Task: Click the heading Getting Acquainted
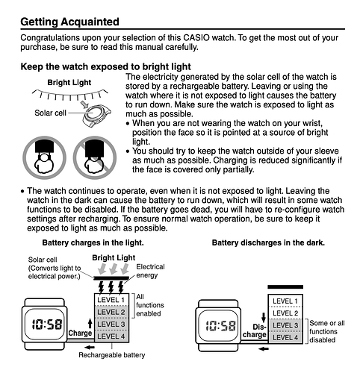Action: (x=69, y=22)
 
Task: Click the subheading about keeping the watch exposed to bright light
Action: (x=105, y=66)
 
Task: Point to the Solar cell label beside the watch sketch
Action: (x=50, y=113)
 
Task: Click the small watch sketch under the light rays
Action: (x=96, y=115)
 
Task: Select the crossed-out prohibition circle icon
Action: (x=95, y=157)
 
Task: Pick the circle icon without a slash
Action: (x=44, y=157)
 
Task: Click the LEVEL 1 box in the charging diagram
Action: (x=111, y=300)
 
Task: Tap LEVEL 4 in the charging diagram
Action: (x=111, y=336)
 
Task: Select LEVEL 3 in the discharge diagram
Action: (x=285, y=325)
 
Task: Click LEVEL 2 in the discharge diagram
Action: (x=285, y=313)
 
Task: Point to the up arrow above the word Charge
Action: (x=90, y=324)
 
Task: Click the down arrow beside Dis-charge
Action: (x=264, y=317)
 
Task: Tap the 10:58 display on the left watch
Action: (x=47, y=325)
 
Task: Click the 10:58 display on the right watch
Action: (x=220, y=325)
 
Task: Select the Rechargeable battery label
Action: (x=112, y=355)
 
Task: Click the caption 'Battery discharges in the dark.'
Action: (x=268, y=242)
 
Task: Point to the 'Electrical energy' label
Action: (x=150, y=271)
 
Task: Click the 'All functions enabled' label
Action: (x=150, y=305)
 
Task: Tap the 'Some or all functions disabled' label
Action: (x=327, y=331)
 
